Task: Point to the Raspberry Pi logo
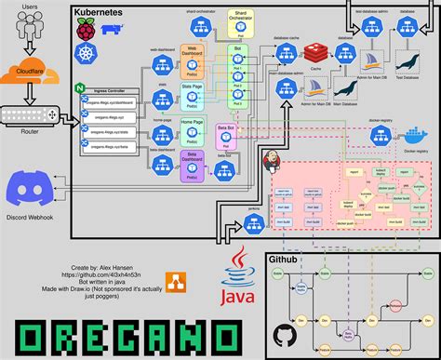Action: coord(87,31)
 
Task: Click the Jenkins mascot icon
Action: coord(275,159)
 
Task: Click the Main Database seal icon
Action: coord(346,90)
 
